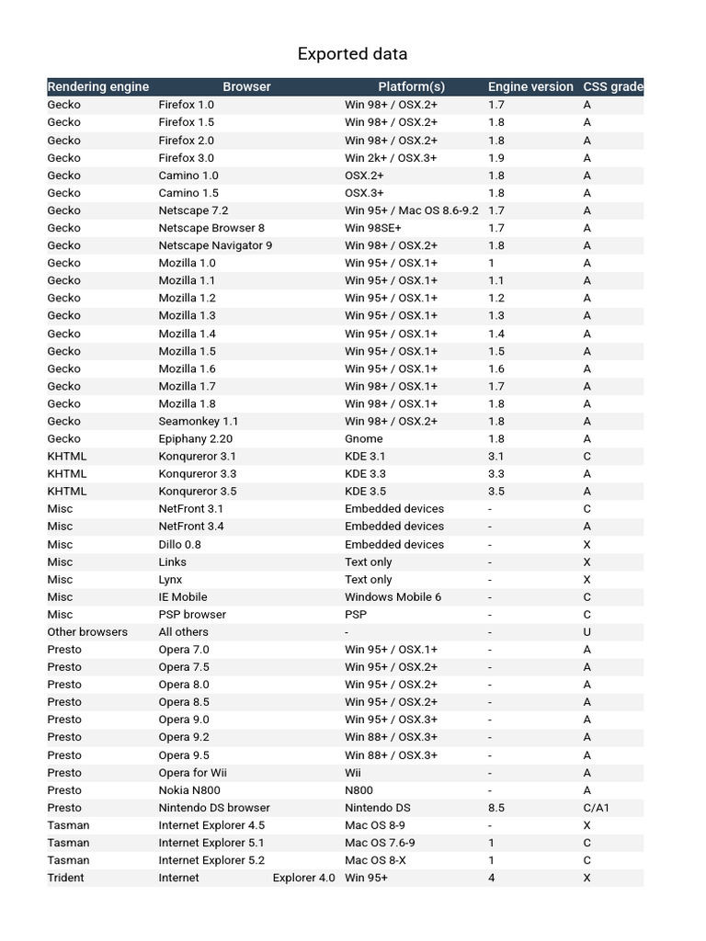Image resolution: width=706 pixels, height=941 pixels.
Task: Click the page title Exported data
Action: coord(352,54)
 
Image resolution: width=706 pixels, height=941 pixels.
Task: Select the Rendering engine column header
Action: coord(98,86)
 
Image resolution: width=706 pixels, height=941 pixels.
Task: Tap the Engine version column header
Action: coord(530,86)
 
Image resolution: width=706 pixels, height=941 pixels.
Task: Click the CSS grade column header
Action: coord(612,86)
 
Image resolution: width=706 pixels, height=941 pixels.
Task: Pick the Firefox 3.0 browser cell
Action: coord(186,157)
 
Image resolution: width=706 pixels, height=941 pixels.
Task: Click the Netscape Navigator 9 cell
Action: coord(215,245)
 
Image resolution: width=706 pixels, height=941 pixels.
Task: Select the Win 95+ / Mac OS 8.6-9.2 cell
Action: coord(411,210)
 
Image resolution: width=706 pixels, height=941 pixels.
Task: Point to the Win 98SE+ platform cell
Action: coord(372,228)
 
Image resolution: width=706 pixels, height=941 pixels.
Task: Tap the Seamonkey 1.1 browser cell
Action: coord(198,421)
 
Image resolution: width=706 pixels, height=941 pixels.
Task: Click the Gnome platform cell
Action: coord(364,438)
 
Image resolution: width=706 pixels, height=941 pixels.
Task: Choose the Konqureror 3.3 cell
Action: coord(197,473)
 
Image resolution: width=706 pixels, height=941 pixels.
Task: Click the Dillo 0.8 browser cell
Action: coord(179,544)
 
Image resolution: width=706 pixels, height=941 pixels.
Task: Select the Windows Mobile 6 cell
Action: coord(393,596)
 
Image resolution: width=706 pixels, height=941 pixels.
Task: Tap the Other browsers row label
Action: coord(87,631)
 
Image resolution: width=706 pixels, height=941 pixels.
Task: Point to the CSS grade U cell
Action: coord(587,631)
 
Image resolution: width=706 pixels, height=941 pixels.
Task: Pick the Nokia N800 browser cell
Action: coord(188,789)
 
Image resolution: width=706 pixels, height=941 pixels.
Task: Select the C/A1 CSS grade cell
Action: coord(596,807)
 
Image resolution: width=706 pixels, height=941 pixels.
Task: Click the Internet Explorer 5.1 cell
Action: coord(211,842)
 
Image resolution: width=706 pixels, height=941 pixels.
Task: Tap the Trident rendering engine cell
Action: coord(65,878)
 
